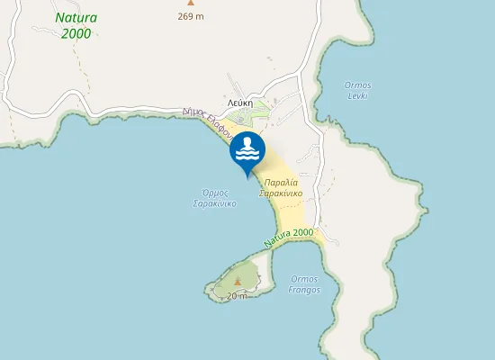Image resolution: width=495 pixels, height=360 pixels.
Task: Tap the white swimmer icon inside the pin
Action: pos(247,148)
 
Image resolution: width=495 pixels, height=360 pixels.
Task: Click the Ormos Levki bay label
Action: pos(358,89)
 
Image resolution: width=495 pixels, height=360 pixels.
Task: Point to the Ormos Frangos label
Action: pos(304,284)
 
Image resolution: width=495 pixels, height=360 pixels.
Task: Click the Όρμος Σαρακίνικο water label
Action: pos(213,198)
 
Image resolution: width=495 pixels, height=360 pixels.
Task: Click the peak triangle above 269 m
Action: pos(190,4)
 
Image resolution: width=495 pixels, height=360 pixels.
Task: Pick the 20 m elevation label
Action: pos(237,295)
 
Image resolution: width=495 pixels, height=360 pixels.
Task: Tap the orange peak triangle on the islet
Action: pos(238,283)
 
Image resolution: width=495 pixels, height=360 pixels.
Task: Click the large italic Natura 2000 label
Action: pos(76,25)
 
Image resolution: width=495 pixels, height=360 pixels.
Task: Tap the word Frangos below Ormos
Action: pos(304,290)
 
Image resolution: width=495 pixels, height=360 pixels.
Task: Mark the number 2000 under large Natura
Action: pos(76,33)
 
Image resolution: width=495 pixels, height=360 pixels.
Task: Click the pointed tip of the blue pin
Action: pos(247,176)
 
